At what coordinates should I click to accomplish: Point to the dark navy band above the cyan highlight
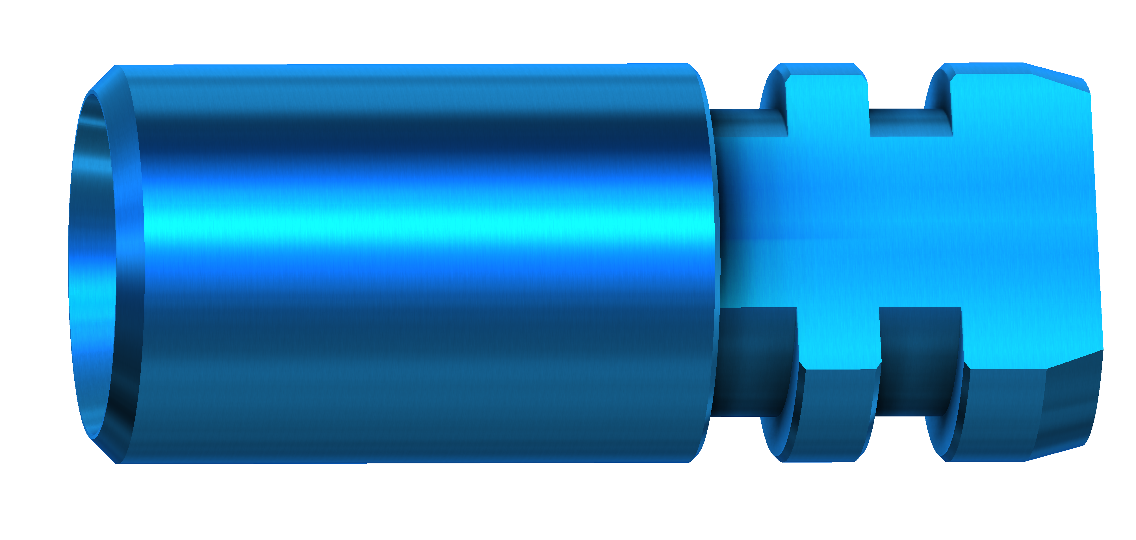(x=419, y=141)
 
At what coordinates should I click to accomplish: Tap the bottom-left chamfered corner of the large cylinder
(x=104, y=450)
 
